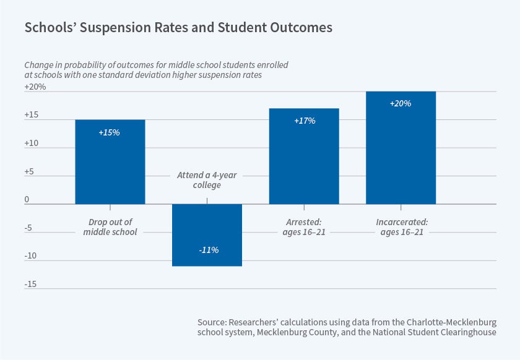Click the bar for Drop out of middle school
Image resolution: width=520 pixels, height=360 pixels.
(x=110, y=161)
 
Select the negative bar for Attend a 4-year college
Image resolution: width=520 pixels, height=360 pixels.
(x=207, y=235)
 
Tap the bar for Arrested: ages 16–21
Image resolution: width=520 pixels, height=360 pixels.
(x=304, y=156)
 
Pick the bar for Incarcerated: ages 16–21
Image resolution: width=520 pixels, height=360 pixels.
(x=401, y=147)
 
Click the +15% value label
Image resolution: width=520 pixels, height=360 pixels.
(x=110, y=132)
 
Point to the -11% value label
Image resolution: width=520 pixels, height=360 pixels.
(x=208, y=250)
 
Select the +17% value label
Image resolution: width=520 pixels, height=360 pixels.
(x=304, y=121)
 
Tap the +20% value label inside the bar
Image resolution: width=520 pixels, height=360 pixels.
(x=401, y=103)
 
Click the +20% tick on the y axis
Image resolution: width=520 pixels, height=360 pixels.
(x=35, y=87)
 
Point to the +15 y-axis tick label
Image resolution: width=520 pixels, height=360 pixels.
(x=32, y=115)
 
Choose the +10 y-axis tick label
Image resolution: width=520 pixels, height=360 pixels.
(x=32, y=144)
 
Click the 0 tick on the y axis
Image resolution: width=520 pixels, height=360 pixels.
(x=27, y=200)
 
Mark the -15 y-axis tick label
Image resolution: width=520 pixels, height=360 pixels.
(x=31, y=284)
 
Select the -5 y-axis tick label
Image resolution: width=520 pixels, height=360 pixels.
(x=29, y=228)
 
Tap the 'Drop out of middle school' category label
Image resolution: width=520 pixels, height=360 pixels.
(x=110, y=227)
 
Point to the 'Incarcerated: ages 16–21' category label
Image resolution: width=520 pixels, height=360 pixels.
(x=401, y=227)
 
